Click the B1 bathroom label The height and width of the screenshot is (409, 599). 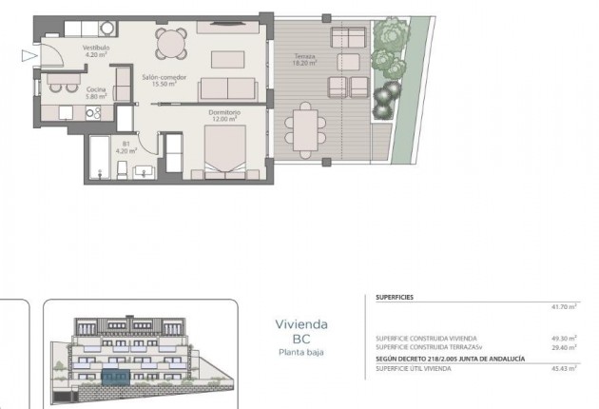click(x=126, y=144)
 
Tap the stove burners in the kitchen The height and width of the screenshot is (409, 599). click(x=94, y=112)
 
